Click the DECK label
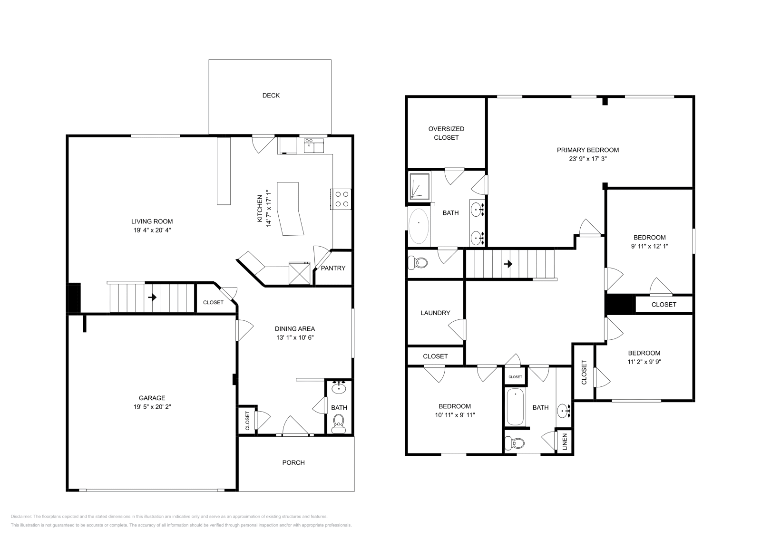(x=271, y=96)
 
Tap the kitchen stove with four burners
(x=341, y=199)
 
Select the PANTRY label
(x=333, y=268)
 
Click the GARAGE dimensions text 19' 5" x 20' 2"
(x=152, y=407)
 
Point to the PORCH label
(x=293, y=462)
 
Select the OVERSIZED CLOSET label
(x=446, y=133)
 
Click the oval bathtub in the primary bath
(x=419, y=226)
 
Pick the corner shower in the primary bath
(x=420, y=185)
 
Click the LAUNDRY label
(x=435, y=313)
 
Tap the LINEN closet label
(x=565, y=442)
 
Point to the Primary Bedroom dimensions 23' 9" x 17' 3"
(x=588, y=159)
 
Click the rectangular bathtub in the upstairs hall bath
(x=515, y=407)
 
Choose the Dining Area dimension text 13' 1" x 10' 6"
(x=295, y=337)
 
